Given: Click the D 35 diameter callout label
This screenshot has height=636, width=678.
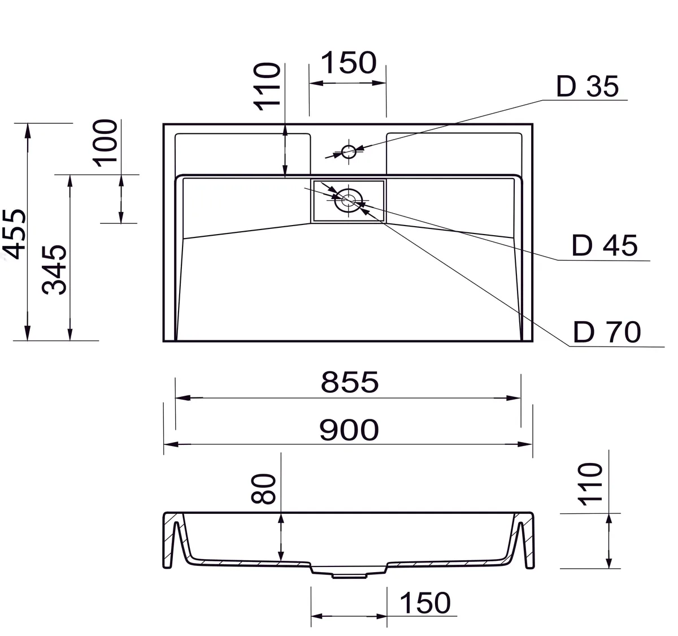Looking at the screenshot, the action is click(587, 86).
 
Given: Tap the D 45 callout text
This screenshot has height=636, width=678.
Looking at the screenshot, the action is click(604, 245).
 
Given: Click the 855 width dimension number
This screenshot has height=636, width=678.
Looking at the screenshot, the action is click(350, 382).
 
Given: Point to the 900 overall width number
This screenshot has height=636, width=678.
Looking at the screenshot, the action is click(349, 430).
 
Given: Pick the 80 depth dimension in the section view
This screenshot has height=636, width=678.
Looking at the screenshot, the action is click(263, 488).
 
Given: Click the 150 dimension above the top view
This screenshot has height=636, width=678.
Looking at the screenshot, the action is click(349, 63).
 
